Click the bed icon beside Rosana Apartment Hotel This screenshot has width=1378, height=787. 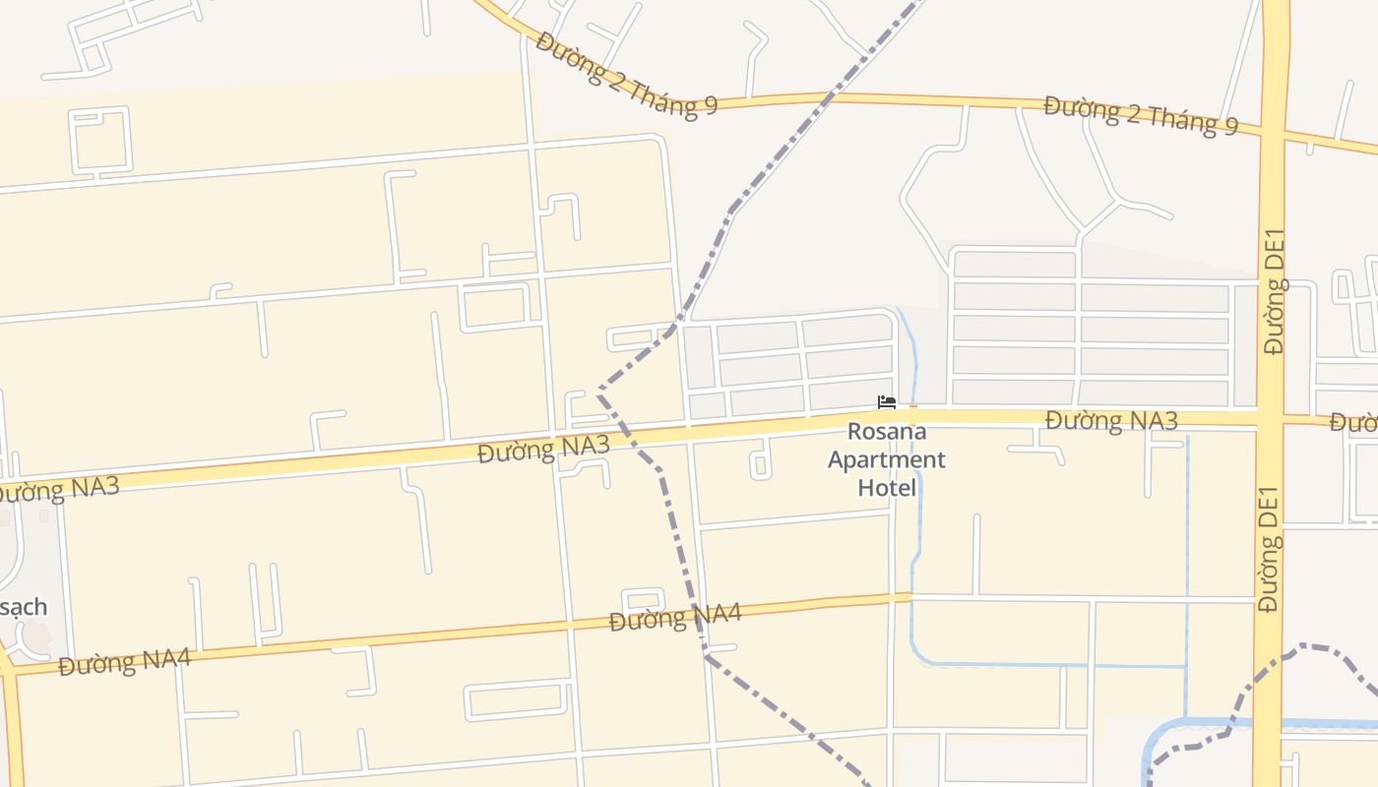887,402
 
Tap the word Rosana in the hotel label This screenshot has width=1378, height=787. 887,432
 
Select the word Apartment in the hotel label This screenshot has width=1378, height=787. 887,459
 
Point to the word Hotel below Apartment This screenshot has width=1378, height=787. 887,487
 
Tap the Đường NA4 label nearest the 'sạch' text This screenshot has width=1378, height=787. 124,661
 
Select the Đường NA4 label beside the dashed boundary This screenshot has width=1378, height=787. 674,618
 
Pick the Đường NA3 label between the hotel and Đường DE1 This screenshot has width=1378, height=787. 1111,420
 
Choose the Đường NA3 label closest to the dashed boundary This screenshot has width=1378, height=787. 543,450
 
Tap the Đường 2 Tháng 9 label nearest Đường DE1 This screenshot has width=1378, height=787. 1141,115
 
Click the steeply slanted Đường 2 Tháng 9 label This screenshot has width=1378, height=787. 626,75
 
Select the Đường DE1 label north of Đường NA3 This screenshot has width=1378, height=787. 1275,291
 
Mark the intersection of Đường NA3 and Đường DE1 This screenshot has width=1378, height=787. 1271,419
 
